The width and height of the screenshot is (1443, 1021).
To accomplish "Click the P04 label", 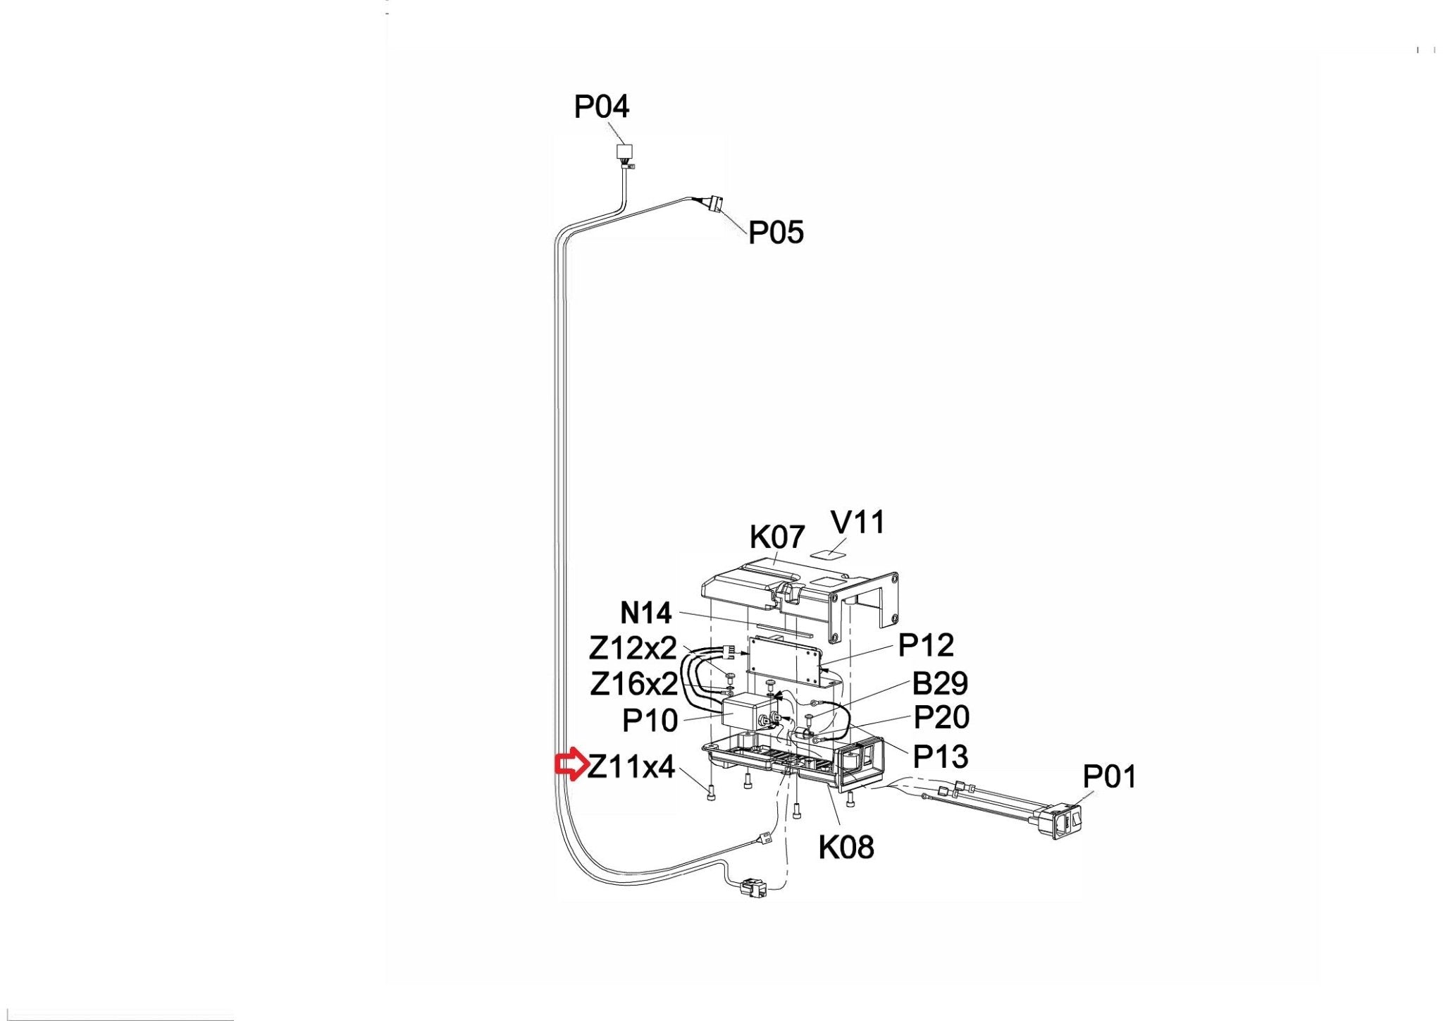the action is tap(602, 107).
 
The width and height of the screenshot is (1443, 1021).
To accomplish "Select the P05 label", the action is tap(776, 233).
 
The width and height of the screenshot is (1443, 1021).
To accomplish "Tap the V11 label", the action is tap(857, 522).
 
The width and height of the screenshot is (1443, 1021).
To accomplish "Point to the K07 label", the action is tap(777, 537).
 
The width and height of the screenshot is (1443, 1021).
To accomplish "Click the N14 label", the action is tap(646, 613).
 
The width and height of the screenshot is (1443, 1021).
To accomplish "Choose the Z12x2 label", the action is tap(633, 647).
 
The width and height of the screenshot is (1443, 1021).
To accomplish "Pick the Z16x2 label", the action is tap(634, 684).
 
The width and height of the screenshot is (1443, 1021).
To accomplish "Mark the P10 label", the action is tap(650, 721).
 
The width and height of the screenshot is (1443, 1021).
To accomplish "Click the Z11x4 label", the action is tap(631, 766).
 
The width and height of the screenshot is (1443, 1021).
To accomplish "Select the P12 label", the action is tap(926, 645).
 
